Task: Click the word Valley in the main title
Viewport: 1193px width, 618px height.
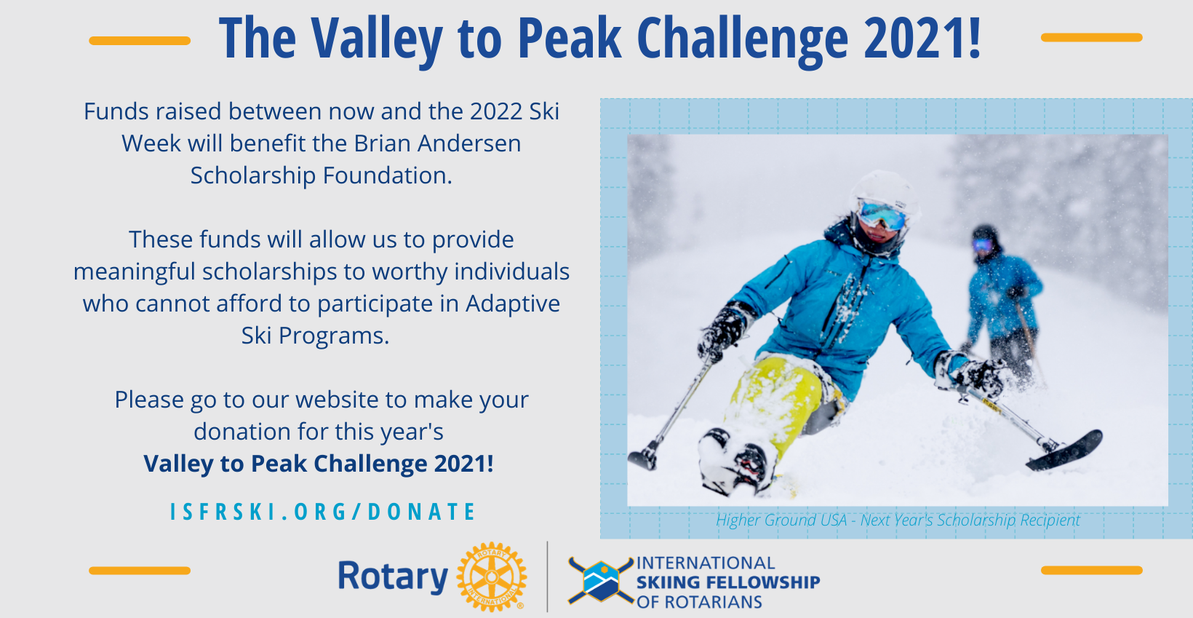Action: point(377,39)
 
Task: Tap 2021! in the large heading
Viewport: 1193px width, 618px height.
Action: point(922,37)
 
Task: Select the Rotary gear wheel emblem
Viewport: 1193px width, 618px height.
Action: point(492,577)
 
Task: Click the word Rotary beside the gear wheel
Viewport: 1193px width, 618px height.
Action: point(393,577)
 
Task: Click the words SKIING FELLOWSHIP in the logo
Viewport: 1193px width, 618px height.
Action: point(728,582)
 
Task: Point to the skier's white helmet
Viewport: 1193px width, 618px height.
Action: point(885,191)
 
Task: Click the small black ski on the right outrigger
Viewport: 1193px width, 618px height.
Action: point(1065,451)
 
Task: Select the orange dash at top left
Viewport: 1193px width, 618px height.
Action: point(140,41)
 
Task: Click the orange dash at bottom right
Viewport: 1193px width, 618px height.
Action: point(1092,570)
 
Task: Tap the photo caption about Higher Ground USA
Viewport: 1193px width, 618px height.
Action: point(898,520)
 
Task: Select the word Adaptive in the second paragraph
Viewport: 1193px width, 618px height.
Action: point(513,304)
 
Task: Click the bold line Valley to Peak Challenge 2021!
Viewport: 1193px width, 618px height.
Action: point(319,464)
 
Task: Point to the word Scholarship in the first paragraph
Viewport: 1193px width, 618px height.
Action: point(253,176)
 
